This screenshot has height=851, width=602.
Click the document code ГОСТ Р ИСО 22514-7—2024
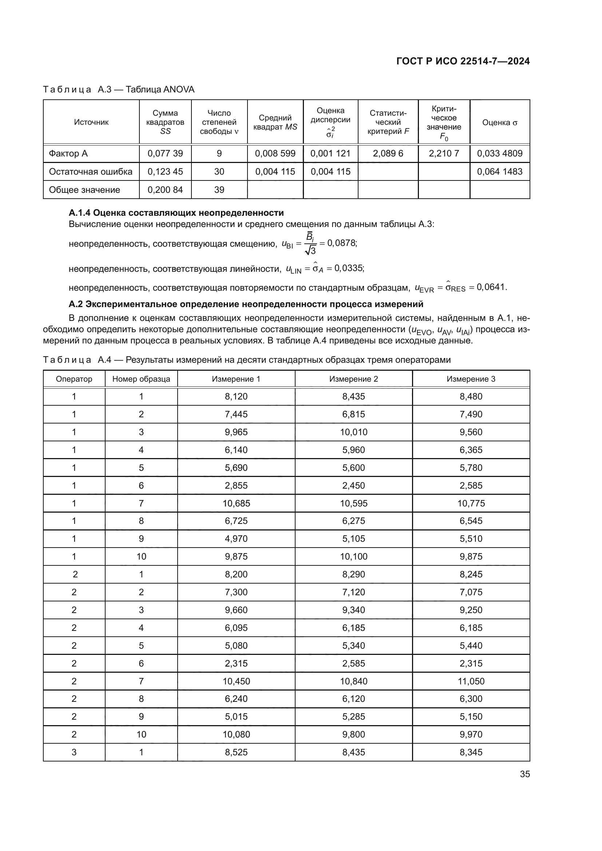(463, 61)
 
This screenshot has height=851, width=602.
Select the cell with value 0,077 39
(165, 154)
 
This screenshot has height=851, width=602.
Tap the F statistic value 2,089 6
(388, 154)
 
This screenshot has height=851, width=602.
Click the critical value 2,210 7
(444, 154)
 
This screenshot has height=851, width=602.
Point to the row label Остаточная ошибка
(91, 172)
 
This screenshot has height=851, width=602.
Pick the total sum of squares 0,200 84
(165, 190)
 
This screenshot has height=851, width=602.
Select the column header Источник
(91, 122)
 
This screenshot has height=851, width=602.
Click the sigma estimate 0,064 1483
(499, 172)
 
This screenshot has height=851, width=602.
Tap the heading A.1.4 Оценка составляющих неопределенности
(176, 213)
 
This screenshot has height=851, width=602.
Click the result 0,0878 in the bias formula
(341, 243)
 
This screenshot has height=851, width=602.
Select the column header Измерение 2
(353, 379)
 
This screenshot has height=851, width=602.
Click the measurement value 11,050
(471, 681)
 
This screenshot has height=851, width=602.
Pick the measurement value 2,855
(236, 486)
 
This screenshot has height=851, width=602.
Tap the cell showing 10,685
(236, 503)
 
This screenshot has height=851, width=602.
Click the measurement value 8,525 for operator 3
(236, 752)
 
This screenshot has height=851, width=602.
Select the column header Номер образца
(141, 379)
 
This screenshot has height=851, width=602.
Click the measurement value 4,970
(236, 539)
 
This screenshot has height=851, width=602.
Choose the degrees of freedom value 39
(219, 190)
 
